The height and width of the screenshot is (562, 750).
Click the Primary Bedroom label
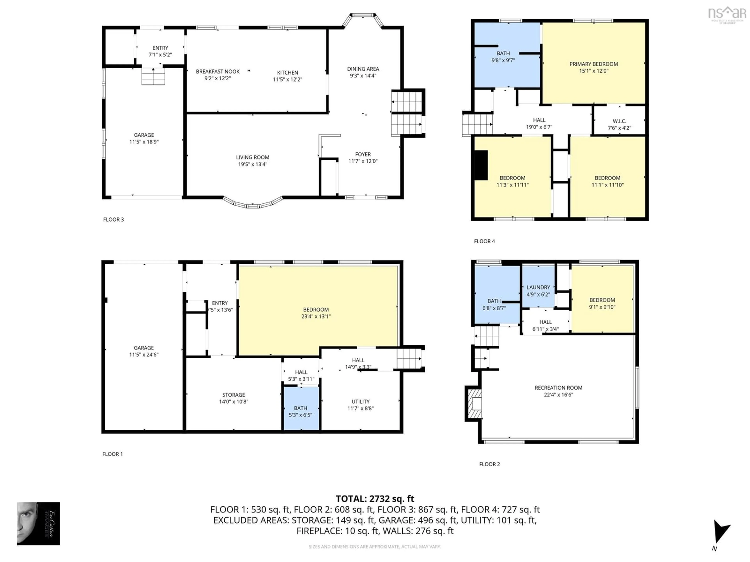pos(593,64)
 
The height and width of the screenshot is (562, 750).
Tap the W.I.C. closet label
pos(619,121)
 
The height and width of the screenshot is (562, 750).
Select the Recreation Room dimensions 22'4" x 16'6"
pos(558,395)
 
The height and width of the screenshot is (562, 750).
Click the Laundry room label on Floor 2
pos(538,287)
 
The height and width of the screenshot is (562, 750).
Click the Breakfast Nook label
pos(218,71)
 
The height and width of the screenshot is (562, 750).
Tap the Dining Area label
pos(363,69)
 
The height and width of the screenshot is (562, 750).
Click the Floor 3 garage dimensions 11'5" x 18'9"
pos(144,142)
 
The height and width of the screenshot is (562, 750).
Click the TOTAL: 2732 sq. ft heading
pos(375,499)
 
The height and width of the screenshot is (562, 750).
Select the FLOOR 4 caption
pos(484,241)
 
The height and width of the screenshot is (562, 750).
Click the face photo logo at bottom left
pos(38,523)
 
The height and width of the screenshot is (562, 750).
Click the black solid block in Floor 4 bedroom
pos(481,165)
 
